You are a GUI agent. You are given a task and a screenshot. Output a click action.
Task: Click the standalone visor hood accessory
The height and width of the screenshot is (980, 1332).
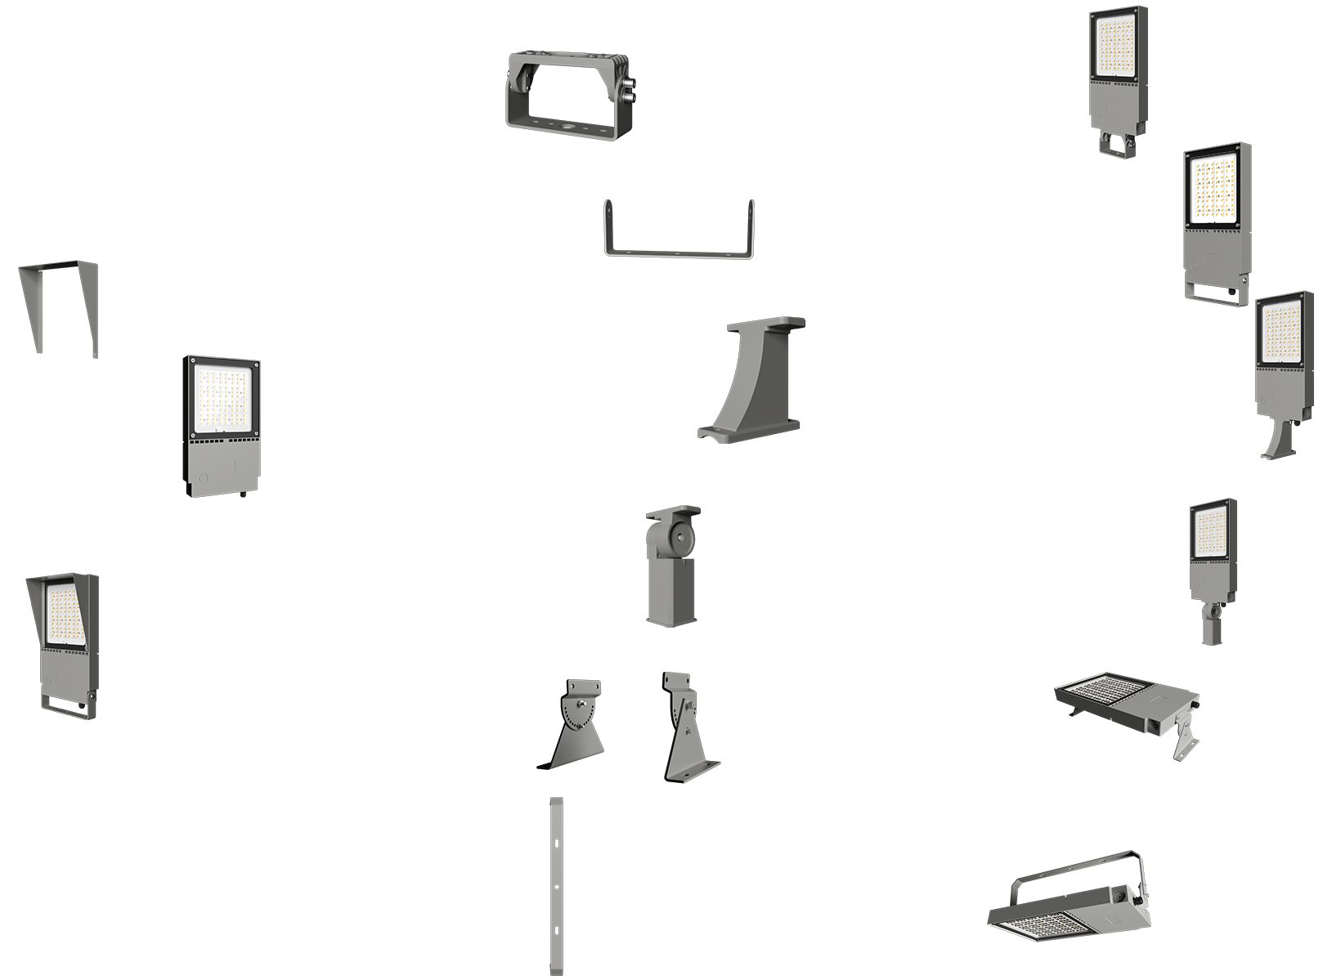[57, 308]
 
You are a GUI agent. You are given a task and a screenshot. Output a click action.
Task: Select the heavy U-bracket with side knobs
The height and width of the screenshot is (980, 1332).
[570, 96]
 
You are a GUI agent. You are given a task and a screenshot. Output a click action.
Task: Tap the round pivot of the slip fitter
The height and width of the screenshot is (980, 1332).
[678, 537]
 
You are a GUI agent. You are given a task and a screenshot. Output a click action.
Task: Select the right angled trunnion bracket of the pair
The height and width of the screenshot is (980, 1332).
[687, 727]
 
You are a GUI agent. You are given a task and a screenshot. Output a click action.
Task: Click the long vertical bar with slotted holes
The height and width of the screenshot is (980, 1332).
[556, 886]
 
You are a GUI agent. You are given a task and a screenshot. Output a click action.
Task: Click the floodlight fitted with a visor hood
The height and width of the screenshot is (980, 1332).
[62, 646]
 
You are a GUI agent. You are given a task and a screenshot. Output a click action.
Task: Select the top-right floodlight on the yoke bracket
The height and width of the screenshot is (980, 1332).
[1118, 82]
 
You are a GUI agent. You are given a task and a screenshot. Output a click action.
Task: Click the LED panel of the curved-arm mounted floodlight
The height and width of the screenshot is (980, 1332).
[1284, 332]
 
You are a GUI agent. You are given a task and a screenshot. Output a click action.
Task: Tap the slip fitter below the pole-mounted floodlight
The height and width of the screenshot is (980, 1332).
[1212, 621]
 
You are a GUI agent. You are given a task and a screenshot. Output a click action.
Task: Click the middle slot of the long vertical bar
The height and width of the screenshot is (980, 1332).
[556, 886]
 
